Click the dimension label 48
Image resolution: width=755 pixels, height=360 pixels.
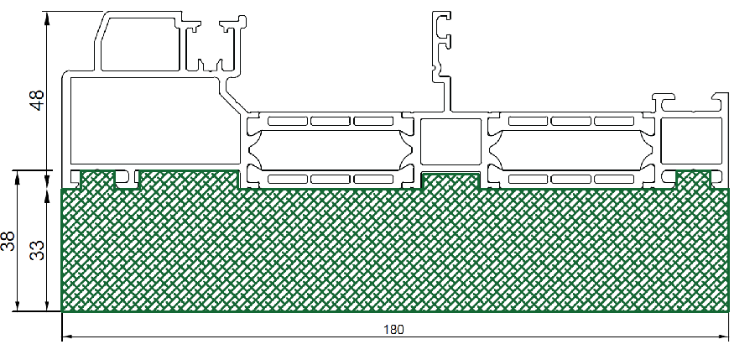[38, 100]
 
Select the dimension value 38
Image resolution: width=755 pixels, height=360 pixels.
[8, 241]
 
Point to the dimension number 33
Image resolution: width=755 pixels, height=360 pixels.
[37, 249]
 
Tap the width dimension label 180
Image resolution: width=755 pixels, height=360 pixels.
[394, 330]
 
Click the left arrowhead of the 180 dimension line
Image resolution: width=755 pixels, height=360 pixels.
[67, 337]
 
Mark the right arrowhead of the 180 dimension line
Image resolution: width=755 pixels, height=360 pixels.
[723, 337]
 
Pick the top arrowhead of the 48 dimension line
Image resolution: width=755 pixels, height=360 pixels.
[47, 18]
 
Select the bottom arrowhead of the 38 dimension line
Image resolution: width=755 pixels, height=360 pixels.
[18, 305]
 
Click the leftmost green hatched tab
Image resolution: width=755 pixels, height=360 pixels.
[98, 180]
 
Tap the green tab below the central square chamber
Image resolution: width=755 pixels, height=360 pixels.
[450, 181]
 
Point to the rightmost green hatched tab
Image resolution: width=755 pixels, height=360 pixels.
[694, 180]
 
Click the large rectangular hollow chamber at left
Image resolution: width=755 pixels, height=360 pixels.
[155, 121]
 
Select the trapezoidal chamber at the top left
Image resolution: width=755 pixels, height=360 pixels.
[138, 44]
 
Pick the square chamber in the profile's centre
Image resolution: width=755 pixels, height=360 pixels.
[450, 142]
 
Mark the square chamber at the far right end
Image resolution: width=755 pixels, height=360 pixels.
[691, 141]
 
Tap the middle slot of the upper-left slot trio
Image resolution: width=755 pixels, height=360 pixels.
[331, 121]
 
